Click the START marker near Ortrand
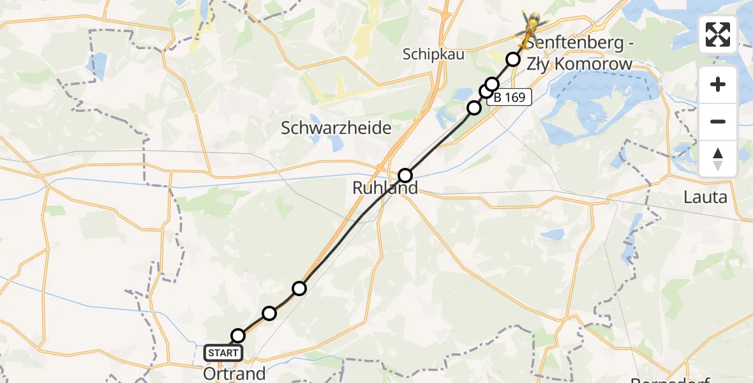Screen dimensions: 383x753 click(x=223, y=352)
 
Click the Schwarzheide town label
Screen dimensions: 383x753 click(x=336, y=128)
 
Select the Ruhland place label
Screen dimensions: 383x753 click(x=385, y=188)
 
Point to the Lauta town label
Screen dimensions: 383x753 click(x=705, y=197)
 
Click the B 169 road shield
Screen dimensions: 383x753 click(x=509, y=97)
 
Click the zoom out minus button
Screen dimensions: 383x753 click(x=718, y=122)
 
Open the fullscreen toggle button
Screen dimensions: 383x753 click(x=718, y=34)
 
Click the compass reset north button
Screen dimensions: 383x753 click(x=718, y=158)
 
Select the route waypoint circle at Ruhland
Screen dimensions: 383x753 click(x=405, y=175)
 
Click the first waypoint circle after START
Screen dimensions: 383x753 click(x=237, y=336)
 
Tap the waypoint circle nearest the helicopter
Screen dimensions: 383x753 click(x=513, y=59)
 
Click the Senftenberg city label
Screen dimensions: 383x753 click(x=578, y=45)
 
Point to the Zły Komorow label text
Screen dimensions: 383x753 click(x=579, y=64)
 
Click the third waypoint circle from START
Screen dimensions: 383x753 click(x=299, y=289)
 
